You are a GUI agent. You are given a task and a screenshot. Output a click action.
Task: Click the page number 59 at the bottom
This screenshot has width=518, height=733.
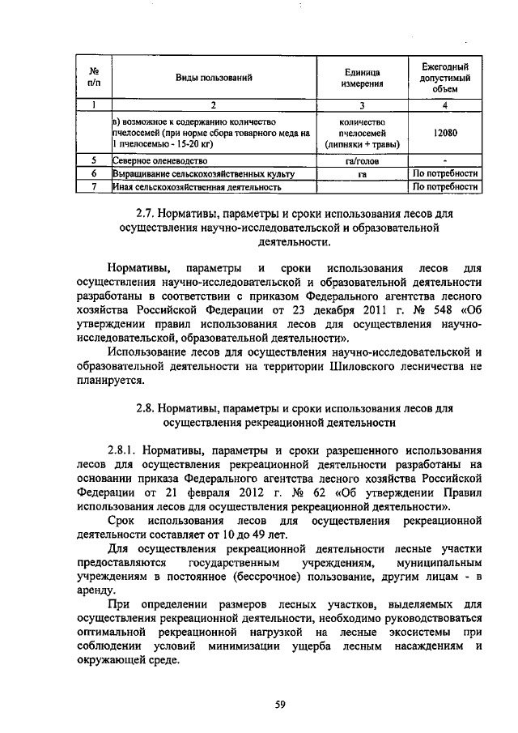tap(280, 705)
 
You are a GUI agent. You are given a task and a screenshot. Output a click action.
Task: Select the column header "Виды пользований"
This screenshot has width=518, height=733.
tap(214, 78)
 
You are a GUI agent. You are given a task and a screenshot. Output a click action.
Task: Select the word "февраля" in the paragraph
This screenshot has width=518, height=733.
tap(182, 492)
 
